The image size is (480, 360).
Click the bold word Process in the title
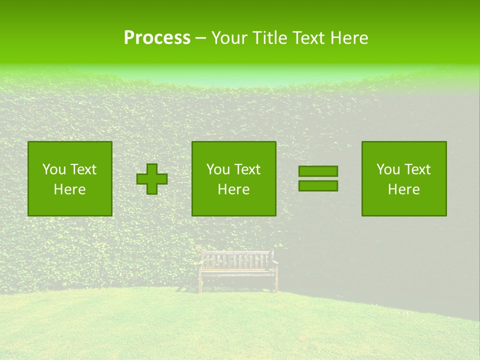tap(157, 38)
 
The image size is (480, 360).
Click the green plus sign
tap(152, 179)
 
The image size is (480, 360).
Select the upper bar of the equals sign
tap(318, 171)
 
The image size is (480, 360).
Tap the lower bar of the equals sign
tap(318, 186)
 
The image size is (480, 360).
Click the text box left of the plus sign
tap(70, 179)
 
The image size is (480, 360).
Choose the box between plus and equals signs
tap(234, 179)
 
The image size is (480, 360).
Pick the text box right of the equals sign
tap(404, 179)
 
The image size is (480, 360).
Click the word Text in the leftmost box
tap(83, 169)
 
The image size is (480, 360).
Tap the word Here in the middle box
tap(234, 189)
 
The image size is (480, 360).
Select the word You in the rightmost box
tap(388, 169)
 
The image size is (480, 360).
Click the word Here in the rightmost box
tap(404, 189)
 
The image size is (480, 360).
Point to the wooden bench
tap(238, 270)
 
